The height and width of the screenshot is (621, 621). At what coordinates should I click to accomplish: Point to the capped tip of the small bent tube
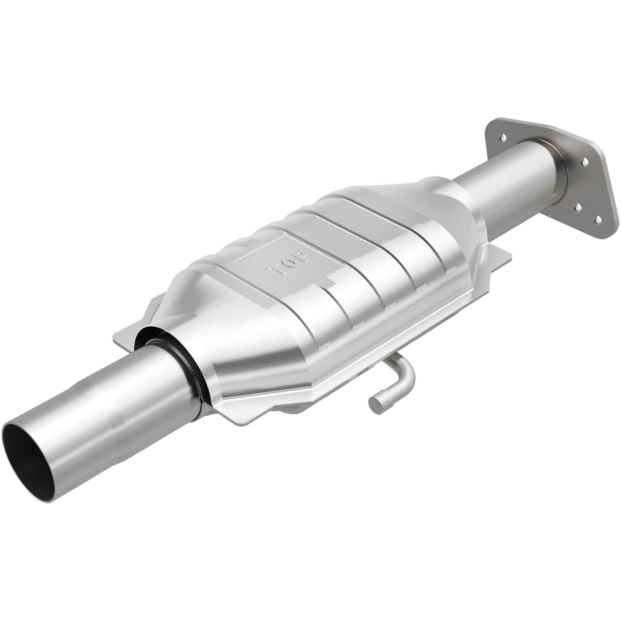pyautogui.click(x=374, y=403)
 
